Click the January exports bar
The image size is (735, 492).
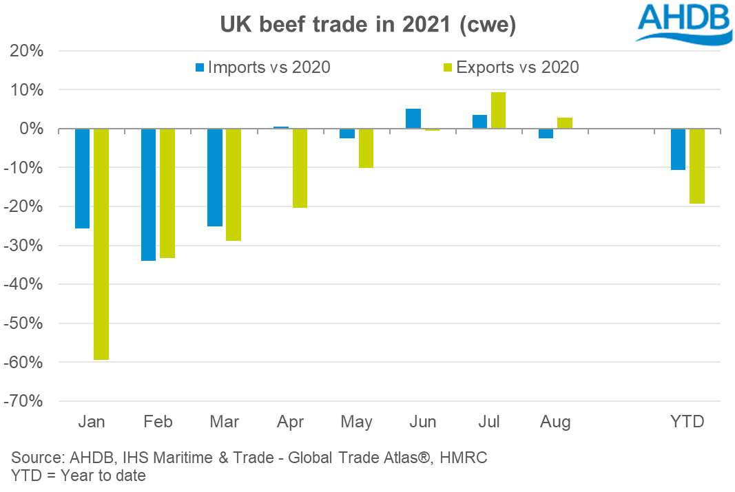101,244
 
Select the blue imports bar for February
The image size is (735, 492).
149,195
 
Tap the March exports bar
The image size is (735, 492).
234,184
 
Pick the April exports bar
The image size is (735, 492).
300,168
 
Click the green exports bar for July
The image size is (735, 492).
498,110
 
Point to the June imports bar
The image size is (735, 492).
413,118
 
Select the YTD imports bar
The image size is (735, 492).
678,149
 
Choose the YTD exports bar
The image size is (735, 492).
696,166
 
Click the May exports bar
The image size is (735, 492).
366,148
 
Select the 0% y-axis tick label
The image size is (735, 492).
32,129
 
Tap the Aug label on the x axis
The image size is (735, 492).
555,421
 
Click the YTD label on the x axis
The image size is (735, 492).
687,421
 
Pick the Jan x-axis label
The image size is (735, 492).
92,421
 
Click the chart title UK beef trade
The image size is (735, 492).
368,25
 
